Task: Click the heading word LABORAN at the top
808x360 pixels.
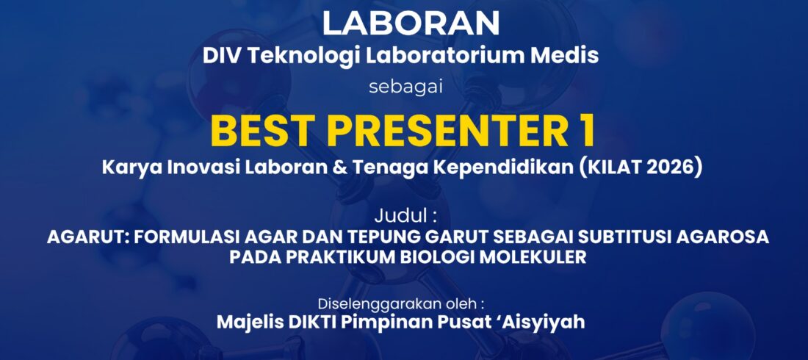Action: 411,24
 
